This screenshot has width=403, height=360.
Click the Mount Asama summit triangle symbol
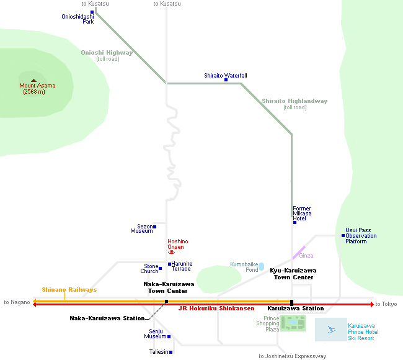coord(33,79)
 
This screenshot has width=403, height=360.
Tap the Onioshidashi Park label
coord(77,19)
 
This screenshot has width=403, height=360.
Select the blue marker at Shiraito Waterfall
coord(226,81)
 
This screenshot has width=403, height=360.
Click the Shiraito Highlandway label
coord(294,101)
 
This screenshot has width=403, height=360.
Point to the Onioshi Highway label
coord(107,53)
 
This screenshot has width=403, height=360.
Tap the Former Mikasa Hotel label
coord(302,214)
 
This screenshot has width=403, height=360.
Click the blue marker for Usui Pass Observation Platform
coord(343,235)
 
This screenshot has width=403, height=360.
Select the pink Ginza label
coord(306,256)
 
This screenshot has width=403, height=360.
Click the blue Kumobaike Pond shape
coord(262,266)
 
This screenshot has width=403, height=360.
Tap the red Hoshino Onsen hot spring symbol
coord(172,253)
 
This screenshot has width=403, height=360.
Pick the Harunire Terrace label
coord(182,266)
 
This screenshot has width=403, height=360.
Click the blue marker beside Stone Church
coord(161,269)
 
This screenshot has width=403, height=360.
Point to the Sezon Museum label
coord(141,229)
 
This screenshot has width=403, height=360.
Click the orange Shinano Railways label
coord(69,290)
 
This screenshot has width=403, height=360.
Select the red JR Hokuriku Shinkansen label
coord(216,308)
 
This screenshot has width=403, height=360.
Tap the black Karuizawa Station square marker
coord(291,302)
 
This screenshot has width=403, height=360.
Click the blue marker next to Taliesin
coord(170,352)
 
